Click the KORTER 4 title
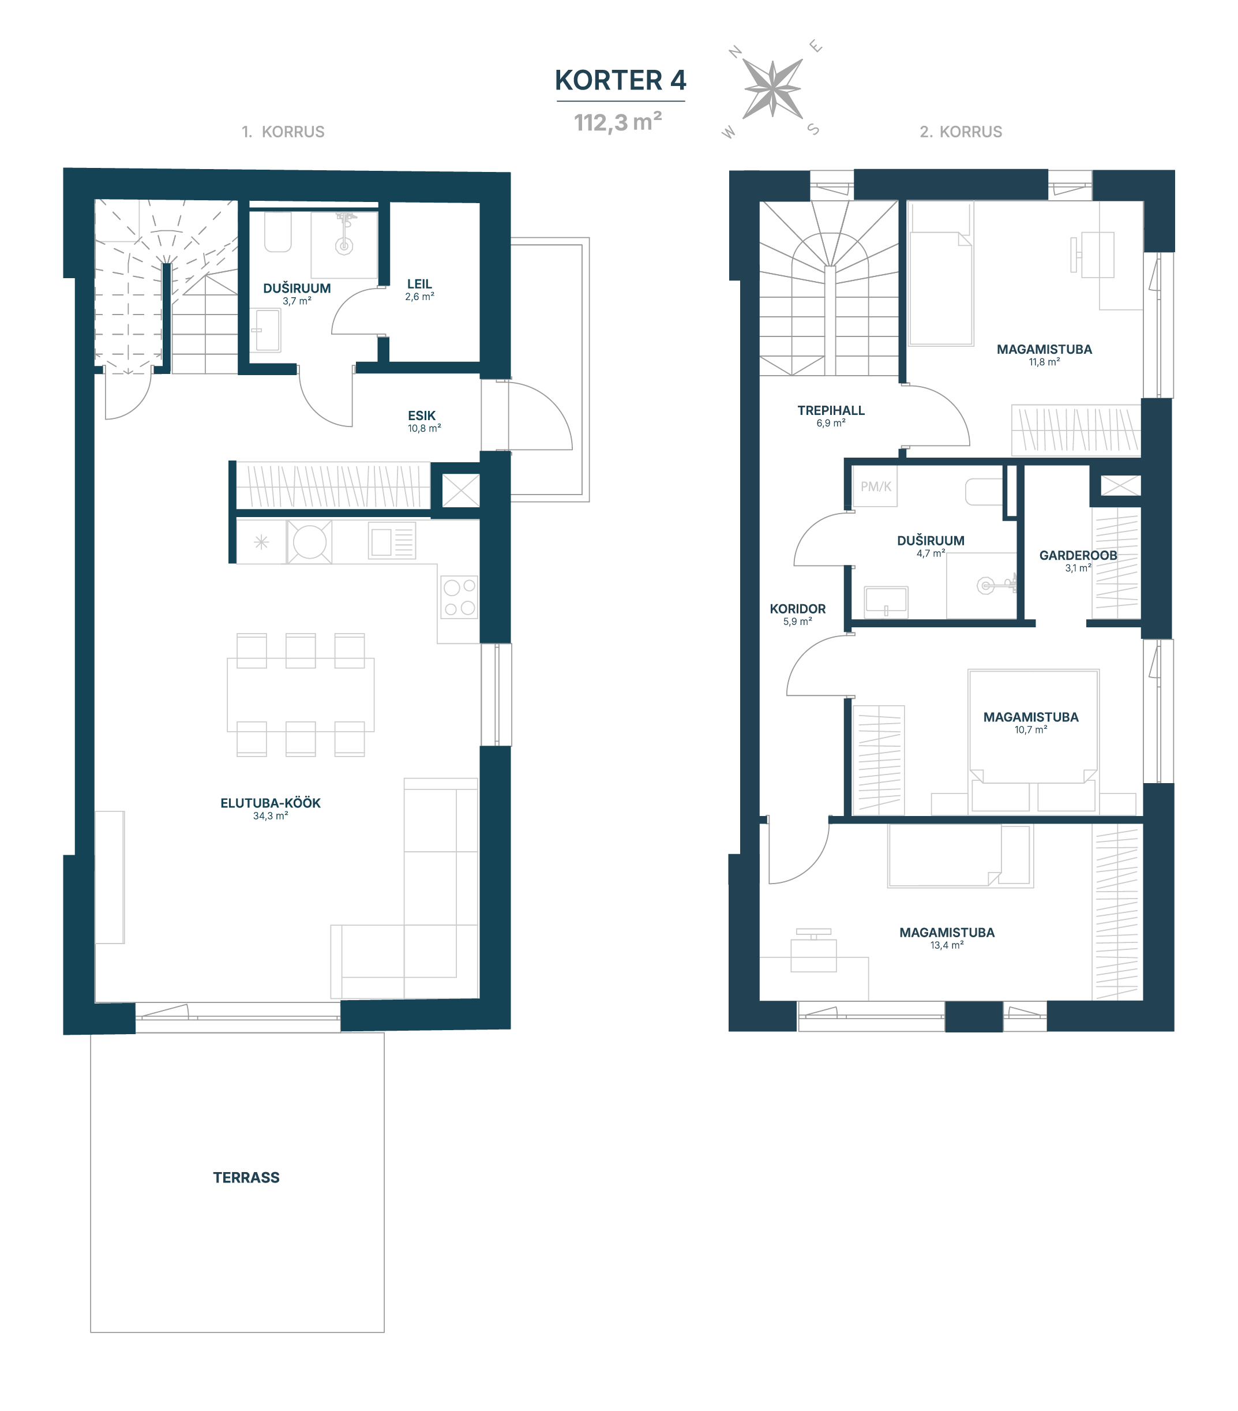pyautogui.click(x=620, y=80)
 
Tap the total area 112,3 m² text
pyautogui.click(x=618, y=122)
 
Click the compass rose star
pyautogui.click(x=772, y=89)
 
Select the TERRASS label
pyautogui.click(x=246, y=1177)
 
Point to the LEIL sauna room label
pyautogui.click(x=419, y=284)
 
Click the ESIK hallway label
pyautogui.click(x=422, y=416)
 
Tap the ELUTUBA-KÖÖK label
pyautogui.click(x=271, y=803)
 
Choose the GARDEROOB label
pyautogui.click(x=1078, y=555)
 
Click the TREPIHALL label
pyautogui.click(x=831, y=410)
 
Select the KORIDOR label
pyautogui.click(x=798, y=609)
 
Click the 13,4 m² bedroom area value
pyautogui.click(x=947, y=945)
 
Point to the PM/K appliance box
pyautogui.click(x=875, y=486)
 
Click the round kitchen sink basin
pyautogui.click(x=310, y=542)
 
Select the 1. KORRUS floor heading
pyautogui.click(x=283, y=132)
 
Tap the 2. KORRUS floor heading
pyautogui.click(x=961, y=132)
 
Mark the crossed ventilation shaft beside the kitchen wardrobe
pyautogui.click(x=460, y=490)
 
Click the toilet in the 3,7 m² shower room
pyautogui.click(x=278, y=231)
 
